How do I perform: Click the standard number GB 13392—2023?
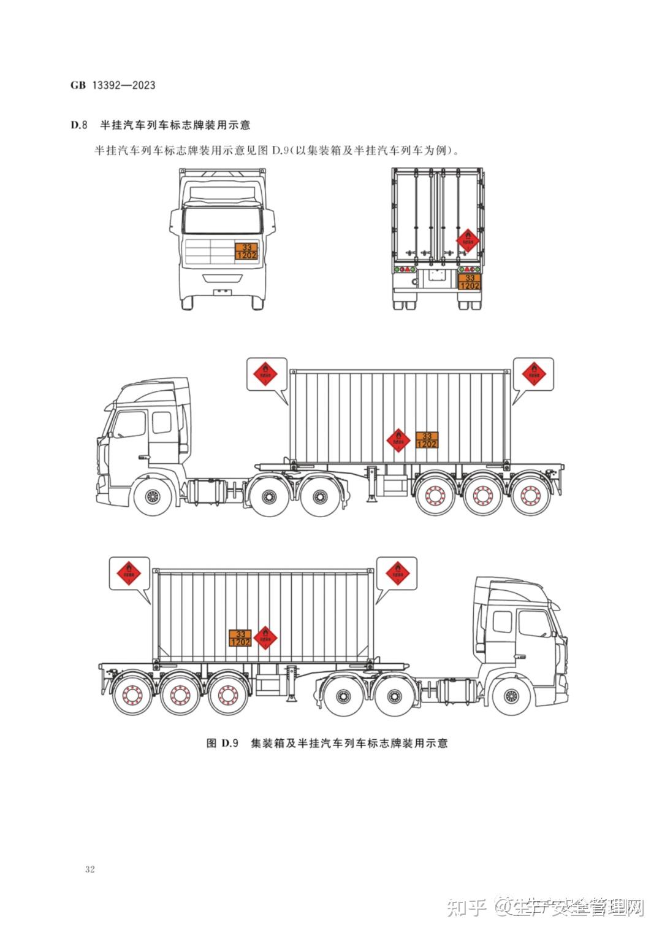point(113,85)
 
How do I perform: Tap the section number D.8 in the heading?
point(80,125)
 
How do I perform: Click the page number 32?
point(90,869)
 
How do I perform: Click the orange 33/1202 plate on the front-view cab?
point(246,251)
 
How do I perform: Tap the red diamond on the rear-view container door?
point(468,240)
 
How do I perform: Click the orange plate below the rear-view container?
point(470,282)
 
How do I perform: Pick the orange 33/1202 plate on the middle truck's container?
point(427,440)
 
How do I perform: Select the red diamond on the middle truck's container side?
point(398,439)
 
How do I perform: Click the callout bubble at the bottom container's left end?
point(129,574)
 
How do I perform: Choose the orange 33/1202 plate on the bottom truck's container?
point(240,637)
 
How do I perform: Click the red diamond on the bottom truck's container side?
point(265,637)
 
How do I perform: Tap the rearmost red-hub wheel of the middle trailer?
point(529,496)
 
